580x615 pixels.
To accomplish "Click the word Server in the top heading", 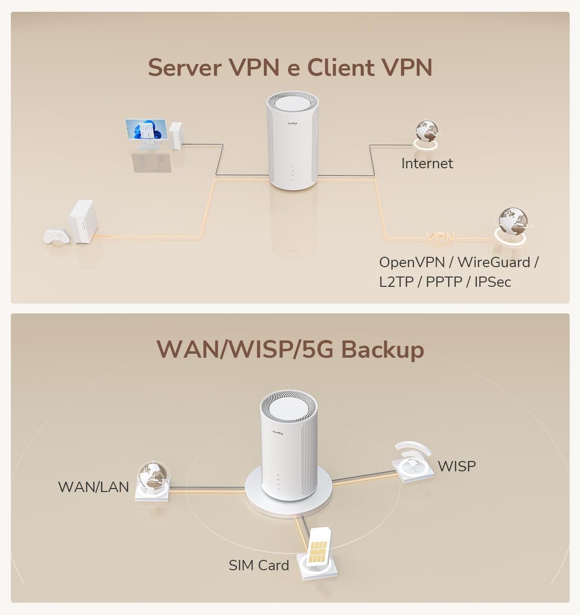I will coord(184,67).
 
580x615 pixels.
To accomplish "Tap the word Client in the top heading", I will coord(341,67).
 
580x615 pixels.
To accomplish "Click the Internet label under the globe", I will coord(427,163).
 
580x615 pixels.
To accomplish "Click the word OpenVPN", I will coord(411,262).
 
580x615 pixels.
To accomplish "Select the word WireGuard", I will coord(493,262).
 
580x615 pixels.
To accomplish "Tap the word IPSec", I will coord(493,282).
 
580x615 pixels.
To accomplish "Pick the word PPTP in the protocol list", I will coord(444,282).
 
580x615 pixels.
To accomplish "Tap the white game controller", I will coord(57,236).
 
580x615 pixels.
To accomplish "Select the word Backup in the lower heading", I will coord(382,349).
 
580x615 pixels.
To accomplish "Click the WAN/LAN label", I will coord(93,487).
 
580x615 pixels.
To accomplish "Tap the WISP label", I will coord(457,466).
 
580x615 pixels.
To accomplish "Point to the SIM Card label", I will coord(259,565).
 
